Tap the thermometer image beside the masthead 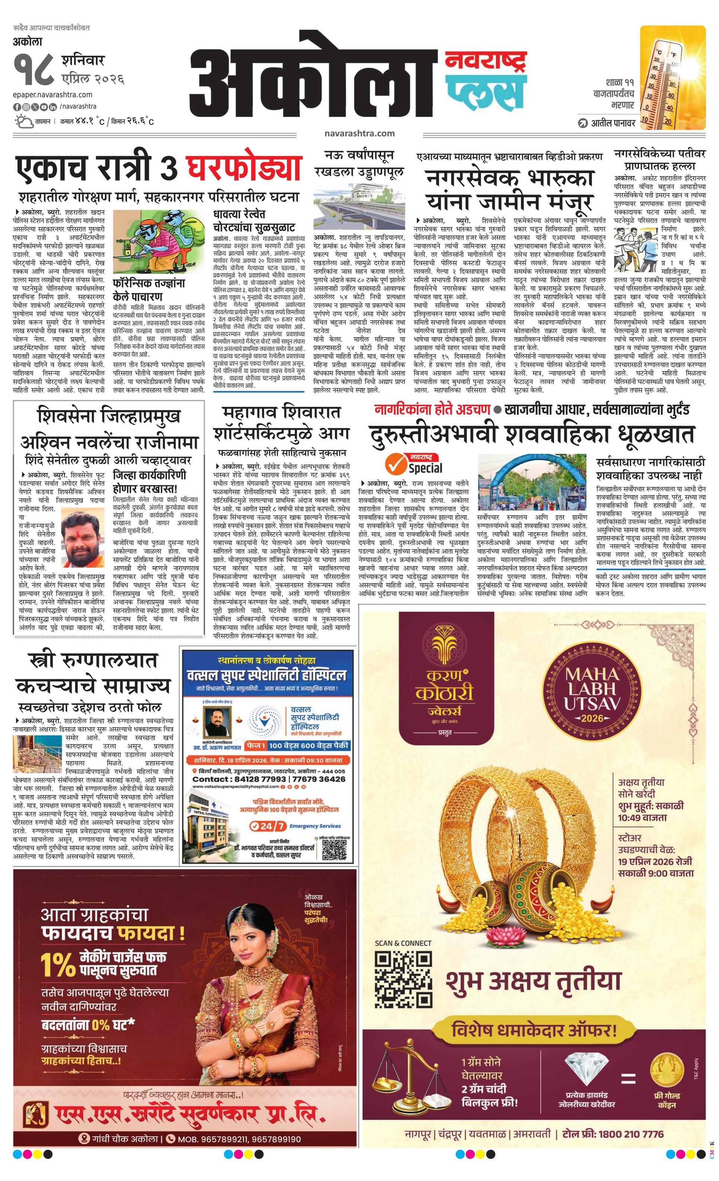click(x=672, y=78)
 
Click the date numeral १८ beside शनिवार click(x=33, y=71)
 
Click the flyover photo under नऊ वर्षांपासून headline click(x=358, y=207)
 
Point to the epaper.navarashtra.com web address click(x=53, y=95)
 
